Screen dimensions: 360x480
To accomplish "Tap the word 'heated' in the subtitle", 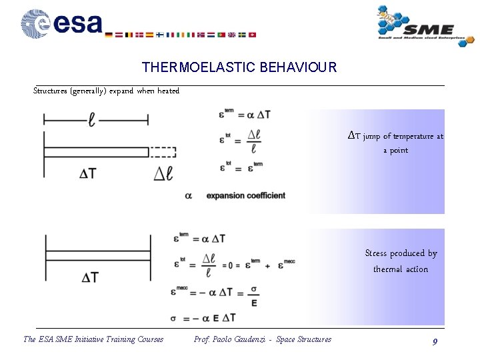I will (168, 91).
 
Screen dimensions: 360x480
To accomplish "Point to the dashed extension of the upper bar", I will (162, 152).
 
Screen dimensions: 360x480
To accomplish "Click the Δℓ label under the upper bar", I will (163, 174).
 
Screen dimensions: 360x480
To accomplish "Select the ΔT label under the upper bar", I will (88, 174).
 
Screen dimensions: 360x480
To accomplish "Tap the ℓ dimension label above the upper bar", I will (92, 120).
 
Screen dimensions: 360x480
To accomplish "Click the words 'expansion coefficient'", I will (245, 195).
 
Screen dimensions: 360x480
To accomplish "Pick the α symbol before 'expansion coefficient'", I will (188, 195).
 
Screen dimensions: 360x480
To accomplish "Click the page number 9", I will (435, 341).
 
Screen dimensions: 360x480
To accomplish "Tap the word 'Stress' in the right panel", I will (377, 253).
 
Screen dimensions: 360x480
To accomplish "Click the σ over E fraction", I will (254, 295).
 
